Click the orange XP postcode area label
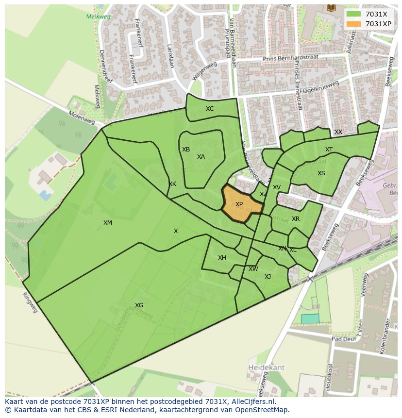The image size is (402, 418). pos(239,204)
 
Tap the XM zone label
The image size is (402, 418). pos(108,223)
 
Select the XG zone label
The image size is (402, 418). pos(139,305)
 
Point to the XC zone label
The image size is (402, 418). pos(210,109)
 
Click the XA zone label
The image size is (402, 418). pos(201,157)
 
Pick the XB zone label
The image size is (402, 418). pos(186,150)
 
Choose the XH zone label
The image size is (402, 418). pos(222,258)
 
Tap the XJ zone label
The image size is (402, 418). pos(268,277)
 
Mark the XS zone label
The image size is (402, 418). pos(321,173)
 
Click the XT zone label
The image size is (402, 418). pos(329,150)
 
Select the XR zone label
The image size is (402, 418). pos(296,219)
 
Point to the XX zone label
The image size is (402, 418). pos(338,132)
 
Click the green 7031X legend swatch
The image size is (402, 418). pos(353,14)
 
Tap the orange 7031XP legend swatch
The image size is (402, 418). pos(353,24)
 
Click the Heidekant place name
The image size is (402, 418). pos(267,368)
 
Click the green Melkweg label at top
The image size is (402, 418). pos(98,17)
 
